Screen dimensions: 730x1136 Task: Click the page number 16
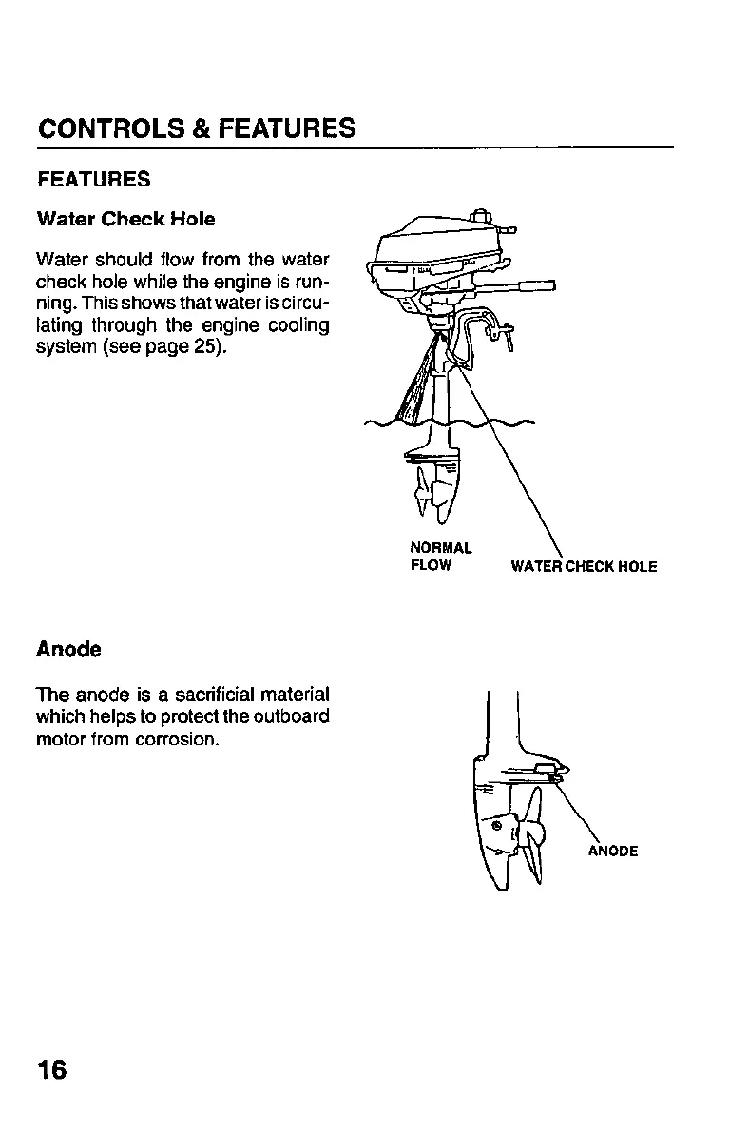point(52,1069)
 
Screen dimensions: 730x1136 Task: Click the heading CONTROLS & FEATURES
point(197,128)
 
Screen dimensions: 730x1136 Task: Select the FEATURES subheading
point(93,180)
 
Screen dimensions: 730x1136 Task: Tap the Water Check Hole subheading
point(125,219)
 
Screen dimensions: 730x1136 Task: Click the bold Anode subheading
point(68,649)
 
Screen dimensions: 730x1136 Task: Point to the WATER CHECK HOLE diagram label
point(584,567)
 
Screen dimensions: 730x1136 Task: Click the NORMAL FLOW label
point(440,557)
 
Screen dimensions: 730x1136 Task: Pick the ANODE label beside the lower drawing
point(612,851)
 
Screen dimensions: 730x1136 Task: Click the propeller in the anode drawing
point(528,837)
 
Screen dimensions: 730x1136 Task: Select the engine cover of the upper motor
point(437,243)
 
